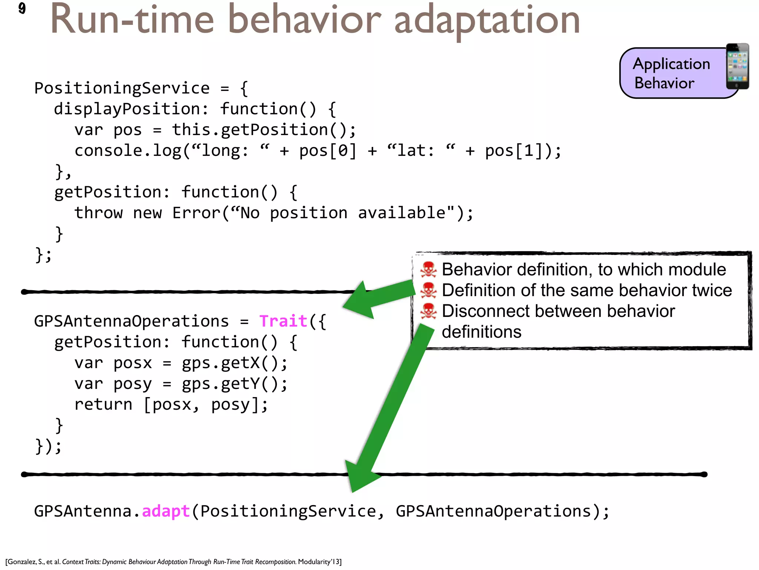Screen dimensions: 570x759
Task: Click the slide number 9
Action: tap(22, 8)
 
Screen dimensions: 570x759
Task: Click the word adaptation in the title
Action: tap(487, 20)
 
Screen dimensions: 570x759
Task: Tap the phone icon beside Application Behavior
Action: tap(737, 66)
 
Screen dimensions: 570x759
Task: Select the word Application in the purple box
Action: tap(671, 64)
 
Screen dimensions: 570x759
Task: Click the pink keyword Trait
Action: tap(283, 321)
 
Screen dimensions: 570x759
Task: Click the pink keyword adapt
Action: tap(166, 511)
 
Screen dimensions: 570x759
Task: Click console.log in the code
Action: tap(127, 151)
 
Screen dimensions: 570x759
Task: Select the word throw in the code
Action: tap(98, 213)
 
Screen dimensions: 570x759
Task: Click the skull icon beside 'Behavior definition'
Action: tap(428, 269)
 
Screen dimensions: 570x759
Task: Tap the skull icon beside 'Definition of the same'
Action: tap(428, 290)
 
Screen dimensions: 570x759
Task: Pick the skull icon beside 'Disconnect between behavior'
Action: tap(428, 311)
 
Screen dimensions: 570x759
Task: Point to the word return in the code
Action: tap(103, 404)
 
